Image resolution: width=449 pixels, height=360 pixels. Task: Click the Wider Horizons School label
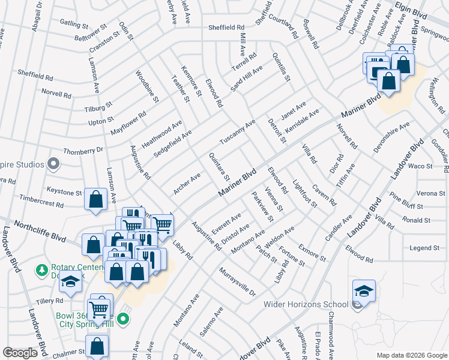coord(306,304)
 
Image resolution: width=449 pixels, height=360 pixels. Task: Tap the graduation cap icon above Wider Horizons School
coord(364,291)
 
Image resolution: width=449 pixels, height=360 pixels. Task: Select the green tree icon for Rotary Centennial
coord(42,271)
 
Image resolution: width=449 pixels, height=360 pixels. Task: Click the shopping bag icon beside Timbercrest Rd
coord(96,200)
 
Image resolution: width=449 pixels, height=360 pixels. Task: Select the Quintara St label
coord(218,166)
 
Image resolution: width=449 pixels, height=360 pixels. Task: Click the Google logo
coord(20,353)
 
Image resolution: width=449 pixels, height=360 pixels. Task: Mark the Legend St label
coord(424,248)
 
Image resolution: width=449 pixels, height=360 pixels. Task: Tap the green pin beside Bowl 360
coord(124,319)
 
